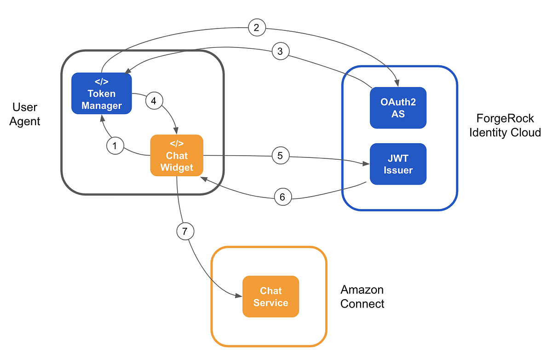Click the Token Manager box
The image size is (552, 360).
click(102, 93)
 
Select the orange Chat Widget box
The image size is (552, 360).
click(177, 156)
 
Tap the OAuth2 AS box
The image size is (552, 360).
click(398, 107)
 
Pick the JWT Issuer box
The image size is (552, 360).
click(398, 164)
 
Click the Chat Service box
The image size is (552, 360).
click(270, 296)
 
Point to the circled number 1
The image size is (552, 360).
click(115, 146)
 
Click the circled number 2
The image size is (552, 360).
click(257, 28)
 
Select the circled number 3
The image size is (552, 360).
click(280, 52)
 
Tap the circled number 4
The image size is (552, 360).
click(154, 101)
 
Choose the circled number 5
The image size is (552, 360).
click(280, 156)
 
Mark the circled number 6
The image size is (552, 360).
click(282, 197)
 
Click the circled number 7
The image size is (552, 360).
click(185, 232)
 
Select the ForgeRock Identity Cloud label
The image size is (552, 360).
click(504, 125)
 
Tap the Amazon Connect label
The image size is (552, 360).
click(362, 296)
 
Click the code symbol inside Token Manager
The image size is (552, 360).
click(102, 82)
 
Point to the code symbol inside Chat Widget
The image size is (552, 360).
click(177, 144)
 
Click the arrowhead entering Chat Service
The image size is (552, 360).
click(239, 296)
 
